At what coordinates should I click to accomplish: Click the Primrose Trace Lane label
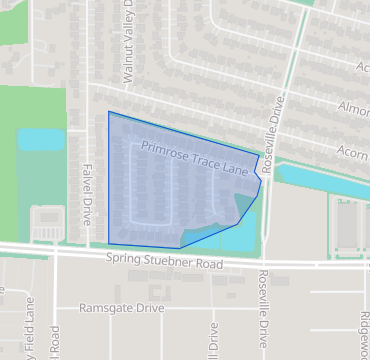point(194,154)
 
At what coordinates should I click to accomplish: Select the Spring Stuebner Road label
point(163,261)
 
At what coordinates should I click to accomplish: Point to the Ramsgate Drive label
point(121,309)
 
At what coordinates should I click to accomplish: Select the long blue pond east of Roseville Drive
point(320,177)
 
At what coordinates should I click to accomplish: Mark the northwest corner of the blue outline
point(108,112)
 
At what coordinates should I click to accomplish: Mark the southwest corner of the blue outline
point(108,242)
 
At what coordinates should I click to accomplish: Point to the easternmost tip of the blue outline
point(262,181)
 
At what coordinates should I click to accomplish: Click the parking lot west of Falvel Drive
point(45,224)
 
